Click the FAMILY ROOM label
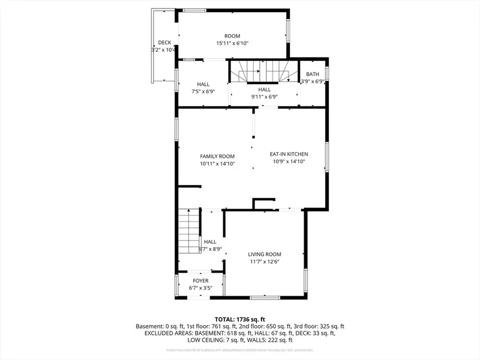[x=218, y=156]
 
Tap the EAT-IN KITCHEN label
[x=289, y=154]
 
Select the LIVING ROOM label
[x=265, y=254]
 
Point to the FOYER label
[x=201, y=281]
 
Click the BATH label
[x=313, y=74]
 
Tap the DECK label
[x=164, y=43]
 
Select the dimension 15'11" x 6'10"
[x=233, y=43]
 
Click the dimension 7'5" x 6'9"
[x=203, y=91]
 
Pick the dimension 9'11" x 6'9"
[x=265, y=97]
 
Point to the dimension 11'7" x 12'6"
[x=265, y=262]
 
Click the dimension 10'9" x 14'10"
[x=289, y=161]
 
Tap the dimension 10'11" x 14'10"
[x=218, y=164]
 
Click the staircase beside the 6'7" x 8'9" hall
[x=188, y=231]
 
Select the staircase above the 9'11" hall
[x=263, y=71]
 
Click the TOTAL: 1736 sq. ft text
[x=239, y=318]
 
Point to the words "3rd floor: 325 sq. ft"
[x=319, y=326]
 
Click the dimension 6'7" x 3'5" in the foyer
[x=201, y=288]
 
